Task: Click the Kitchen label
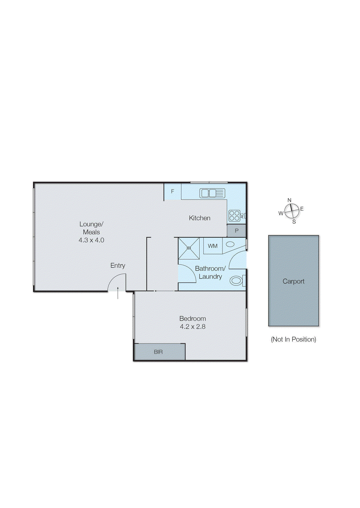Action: coord(200,218)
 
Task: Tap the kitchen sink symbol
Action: coord(212,193)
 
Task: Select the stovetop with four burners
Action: coord(234,216)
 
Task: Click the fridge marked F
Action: coord(173,191)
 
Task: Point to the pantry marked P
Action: coord(237,231)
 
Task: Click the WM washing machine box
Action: coord(213,246)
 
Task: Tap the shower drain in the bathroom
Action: coord(189,248)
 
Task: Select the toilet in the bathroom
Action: coord(236,281)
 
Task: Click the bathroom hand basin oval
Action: coord(230,244)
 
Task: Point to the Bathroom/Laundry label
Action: coord(210,272)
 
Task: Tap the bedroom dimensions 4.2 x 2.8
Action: coord(193,327)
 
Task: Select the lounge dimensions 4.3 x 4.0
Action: coord(91,240)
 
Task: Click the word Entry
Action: coord(118,265)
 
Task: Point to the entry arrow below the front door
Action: coord(118,293)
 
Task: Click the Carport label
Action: coord(293,281)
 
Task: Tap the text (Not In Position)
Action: coord(293,339)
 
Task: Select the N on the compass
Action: coord(289,200)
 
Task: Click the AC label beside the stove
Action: coord(242,216)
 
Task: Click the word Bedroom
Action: coord(193,318)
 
